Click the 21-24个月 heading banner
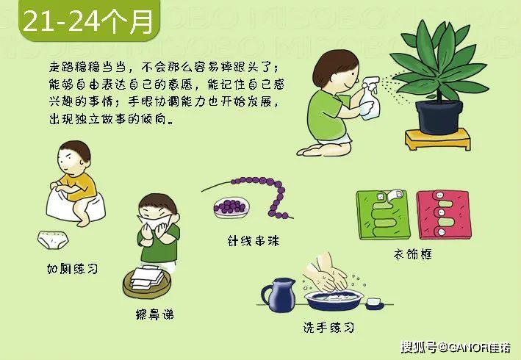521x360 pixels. coord(89,21)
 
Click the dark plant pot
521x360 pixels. coord(439,117)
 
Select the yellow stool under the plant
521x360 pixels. coord(438,139)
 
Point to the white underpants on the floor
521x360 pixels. coord(53,240)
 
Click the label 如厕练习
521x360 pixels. coord(73,268)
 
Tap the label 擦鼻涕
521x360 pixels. coord(155,314)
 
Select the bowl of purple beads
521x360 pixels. coord(231,207)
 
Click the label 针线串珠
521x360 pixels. coord(254,240)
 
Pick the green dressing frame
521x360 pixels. coord(383,215)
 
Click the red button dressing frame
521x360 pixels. coord(444,215)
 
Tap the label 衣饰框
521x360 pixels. coord(413,254)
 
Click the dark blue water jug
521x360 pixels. coord(279,295)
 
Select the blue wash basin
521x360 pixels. coord(334,300)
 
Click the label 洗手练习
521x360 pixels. coord(328,328)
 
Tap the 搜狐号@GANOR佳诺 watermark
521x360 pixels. coord(455,347)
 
